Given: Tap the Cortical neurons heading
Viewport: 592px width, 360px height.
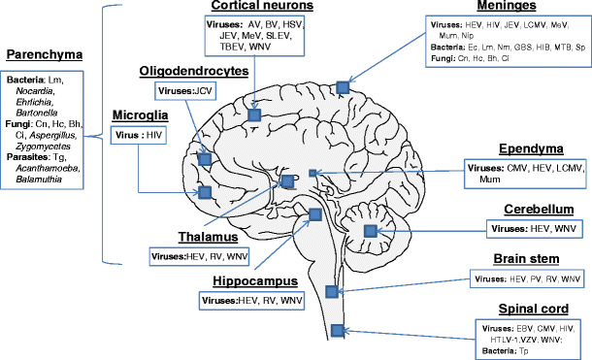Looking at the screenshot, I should pos(253,8).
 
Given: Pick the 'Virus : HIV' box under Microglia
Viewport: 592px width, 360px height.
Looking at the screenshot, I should pos(138,137).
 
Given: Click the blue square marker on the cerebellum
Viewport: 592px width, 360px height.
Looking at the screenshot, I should pos(370,230).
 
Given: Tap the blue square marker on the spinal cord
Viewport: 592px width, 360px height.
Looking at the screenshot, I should pos(336,330).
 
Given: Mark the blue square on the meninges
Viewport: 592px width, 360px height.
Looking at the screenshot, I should pos(342,87).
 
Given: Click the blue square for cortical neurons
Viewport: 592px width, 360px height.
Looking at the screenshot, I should pos(253,115).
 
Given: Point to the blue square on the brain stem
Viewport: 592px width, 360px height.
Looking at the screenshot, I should pos(333,291).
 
